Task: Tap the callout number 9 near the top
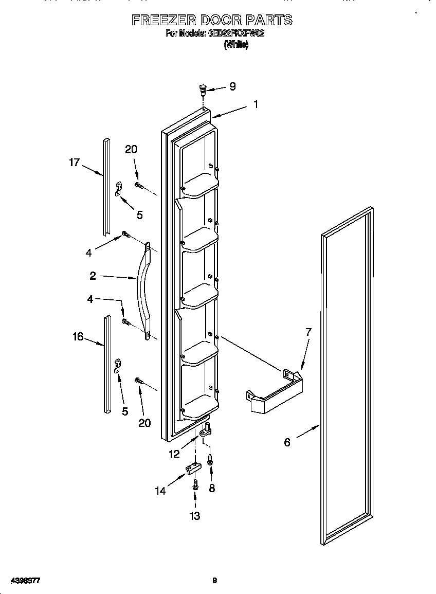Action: [x=232, y=86]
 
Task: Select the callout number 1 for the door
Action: [x=256, y=104]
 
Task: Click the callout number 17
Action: [x=75, y=163]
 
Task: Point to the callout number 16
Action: [x=78, y=336]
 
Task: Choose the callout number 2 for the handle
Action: [x=93, y=276]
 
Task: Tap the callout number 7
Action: [x=308, y=332]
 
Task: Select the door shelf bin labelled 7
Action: [x=275, y=393]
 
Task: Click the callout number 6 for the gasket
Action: [x=287, y=442]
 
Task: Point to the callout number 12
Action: [x=174, y=454]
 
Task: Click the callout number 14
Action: [x=160, y=491]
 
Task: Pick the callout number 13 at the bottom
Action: [x=195, y=516]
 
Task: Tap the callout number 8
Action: [x=212, y=489]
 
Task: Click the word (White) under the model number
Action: [x=236, y=45]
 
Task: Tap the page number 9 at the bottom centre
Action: [x=215, y=581]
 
